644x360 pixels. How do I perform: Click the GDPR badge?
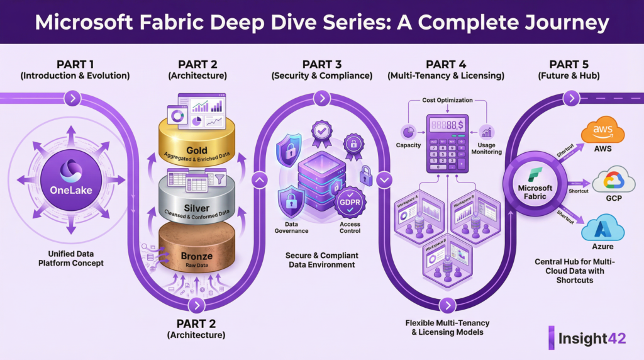tap(350, 203)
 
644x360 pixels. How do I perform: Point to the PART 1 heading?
tap(75, 64)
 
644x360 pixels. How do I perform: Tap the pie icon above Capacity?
tap(408, 132)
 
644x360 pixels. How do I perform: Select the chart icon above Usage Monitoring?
tap(486, 132)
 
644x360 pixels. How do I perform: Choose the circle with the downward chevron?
tap(385, 181)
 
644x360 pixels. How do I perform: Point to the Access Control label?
tap(350, 227)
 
